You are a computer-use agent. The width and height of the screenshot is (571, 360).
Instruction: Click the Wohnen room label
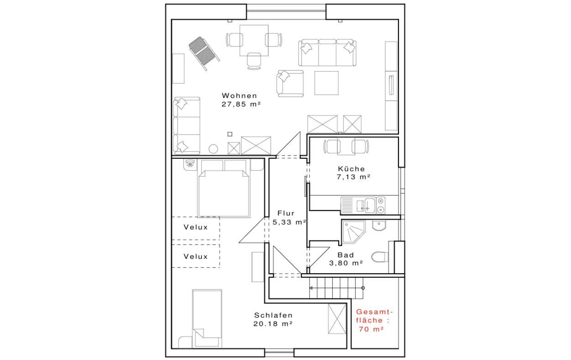coord(239,96)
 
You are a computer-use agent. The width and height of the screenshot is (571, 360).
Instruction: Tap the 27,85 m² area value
coord(241,104)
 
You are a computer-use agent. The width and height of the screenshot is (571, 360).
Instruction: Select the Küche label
coord(351,169)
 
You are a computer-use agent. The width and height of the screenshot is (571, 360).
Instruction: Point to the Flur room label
coord(286,213)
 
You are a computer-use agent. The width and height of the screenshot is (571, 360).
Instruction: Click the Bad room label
coord(346,255)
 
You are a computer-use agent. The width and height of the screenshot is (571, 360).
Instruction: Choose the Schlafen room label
coord(273,315)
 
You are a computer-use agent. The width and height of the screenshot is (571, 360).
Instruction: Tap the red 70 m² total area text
coord(372,329)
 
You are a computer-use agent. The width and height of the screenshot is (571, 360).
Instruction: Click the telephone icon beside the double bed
coord(190,164)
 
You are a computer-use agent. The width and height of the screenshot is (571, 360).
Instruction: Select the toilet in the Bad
coord(380,257)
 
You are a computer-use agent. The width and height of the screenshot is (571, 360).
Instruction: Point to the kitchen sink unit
coord(363,205)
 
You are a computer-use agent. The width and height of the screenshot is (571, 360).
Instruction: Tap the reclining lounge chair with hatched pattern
coord(204,53)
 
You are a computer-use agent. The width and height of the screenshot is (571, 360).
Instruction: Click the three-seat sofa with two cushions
coord(327,53)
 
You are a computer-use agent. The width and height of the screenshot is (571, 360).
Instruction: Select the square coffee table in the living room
coord(326,83)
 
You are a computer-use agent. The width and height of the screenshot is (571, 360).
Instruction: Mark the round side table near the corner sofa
coord(213,149)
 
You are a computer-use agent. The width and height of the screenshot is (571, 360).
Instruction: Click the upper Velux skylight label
coord(196,227)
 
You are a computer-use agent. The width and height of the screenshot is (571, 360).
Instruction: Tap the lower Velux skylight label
coord(196,256)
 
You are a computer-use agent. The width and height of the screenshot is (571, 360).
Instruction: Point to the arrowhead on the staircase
coord(311,288)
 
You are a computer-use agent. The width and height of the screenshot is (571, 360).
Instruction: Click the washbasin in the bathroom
coord(379,225)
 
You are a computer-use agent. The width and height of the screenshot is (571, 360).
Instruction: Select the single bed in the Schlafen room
coord(207,318)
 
